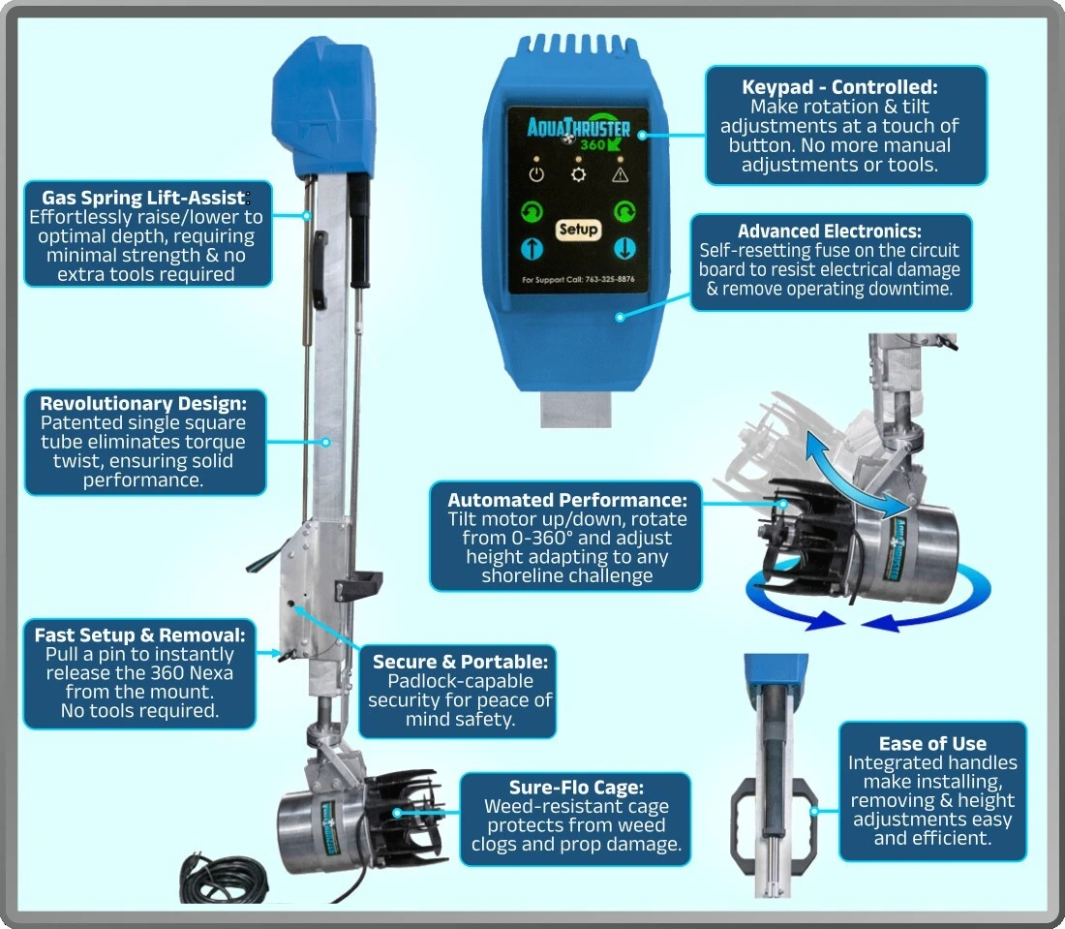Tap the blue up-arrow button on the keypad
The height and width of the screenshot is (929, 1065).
tap(532, 249)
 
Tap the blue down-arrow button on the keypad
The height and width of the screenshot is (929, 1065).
tap(624, 248)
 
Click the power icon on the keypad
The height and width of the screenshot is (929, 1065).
tap(536, 174)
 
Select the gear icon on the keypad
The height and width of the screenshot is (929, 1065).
tap(578, 174)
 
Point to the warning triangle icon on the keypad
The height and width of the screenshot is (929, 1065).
tap(620, 175)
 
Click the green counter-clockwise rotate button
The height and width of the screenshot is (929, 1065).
tap(532, 212)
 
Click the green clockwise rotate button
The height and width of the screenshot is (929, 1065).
tap(624, 212)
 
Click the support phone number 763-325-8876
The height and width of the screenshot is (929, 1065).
tap(610, 279)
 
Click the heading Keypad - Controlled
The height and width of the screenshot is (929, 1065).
tap(839, 87)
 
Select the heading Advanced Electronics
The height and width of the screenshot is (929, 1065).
tap(830, 232)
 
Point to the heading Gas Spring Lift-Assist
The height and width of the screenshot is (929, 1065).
tap(143, 198)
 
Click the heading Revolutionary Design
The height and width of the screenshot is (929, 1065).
tap(143, 403)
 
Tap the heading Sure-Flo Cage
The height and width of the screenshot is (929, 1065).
tap(576, 787)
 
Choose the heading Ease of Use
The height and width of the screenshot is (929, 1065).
tap(932, 743)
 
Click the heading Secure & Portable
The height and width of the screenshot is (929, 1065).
tap(460, 662)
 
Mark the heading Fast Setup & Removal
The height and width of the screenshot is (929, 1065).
tap(140, 635)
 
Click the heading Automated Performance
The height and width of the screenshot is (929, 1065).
tap(567, 500)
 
